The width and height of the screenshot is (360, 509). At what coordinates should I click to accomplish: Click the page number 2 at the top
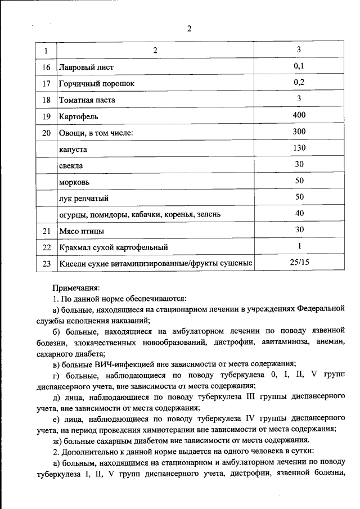[190, 30]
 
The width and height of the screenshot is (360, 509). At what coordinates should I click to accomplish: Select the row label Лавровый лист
[86, 67]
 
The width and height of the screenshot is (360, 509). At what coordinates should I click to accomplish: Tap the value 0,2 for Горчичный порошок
[299, 83]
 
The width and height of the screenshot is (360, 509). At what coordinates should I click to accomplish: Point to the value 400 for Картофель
[299, 116]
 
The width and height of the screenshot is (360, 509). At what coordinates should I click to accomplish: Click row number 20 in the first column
[47, 133]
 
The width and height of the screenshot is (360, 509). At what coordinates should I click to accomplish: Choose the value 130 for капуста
[299, 148]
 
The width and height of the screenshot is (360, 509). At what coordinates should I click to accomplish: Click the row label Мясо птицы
[82, 231]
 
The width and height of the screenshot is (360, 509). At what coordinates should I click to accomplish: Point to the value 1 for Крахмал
[299, 246]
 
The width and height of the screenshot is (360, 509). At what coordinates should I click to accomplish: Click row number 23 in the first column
[47, 264]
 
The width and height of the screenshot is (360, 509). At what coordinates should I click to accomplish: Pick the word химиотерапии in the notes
[169, 428]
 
